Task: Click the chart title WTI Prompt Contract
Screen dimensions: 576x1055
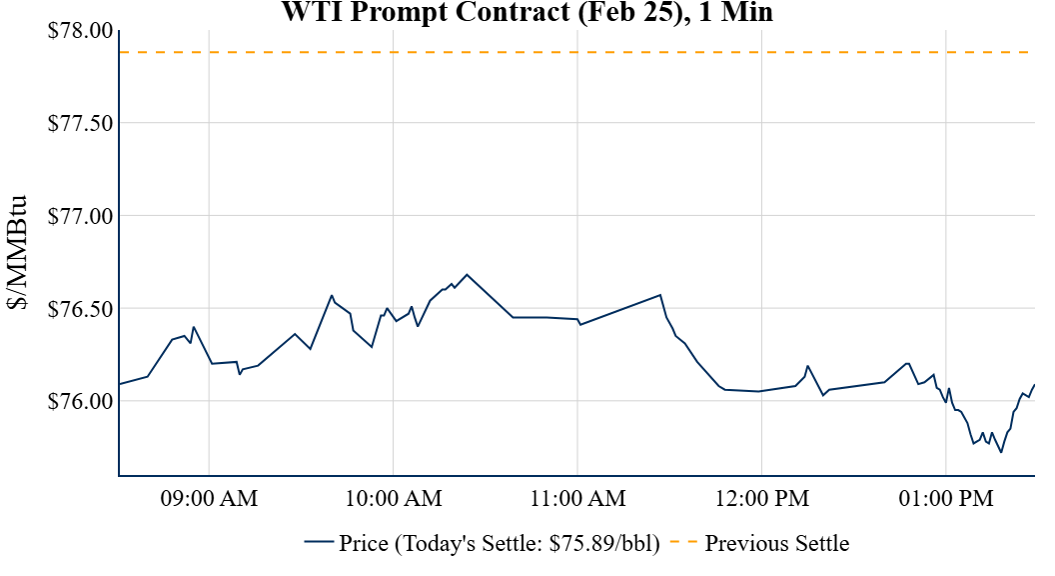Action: [527, 12]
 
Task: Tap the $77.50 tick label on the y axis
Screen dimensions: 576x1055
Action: [80, 123]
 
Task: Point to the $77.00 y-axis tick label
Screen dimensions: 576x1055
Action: [80, 216]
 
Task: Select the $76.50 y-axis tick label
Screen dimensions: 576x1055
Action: [80, 309]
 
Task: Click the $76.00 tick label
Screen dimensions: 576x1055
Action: [80, 401]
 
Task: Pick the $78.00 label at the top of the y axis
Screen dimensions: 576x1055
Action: [80, 30]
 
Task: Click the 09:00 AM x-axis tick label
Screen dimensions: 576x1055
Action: [209, 498]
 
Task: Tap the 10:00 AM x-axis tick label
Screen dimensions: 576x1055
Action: [393, 498]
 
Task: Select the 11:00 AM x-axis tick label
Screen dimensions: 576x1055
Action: [577, 498]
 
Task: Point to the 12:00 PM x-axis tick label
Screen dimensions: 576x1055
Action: [761, 498]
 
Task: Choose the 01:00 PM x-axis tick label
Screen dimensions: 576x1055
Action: [945, 498]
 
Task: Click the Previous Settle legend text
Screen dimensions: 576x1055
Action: [776, 544]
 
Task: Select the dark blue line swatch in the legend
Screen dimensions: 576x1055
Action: [319, 543]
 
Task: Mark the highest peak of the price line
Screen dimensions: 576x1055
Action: [467, 274]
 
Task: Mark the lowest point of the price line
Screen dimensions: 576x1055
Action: [1001, 452]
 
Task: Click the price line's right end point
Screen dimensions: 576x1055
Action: [1034, 385]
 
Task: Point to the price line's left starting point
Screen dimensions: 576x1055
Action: [119, 384]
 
